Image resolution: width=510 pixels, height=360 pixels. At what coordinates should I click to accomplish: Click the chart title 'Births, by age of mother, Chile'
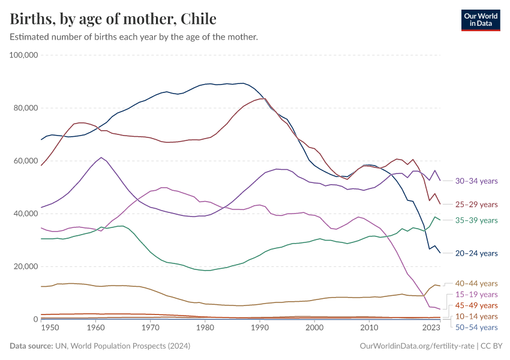tap(113, 19)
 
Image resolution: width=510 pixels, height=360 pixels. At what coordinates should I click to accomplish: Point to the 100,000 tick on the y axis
tap(25, 55)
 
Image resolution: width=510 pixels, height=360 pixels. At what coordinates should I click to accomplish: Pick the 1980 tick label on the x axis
tap(205, 328)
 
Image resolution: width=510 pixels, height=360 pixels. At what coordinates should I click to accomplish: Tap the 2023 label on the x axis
tap(431, 328)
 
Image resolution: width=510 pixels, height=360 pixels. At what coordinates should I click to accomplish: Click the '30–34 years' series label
tap(476, 181)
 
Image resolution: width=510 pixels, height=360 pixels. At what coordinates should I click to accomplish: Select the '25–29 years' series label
tap(476, 205)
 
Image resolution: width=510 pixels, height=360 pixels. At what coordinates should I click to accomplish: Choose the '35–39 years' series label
tap(476, 220)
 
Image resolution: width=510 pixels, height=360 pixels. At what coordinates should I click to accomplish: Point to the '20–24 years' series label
tap(476, 254)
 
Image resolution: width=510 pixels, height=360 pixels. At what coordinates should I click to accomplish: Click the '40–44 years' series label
tap(476, 283)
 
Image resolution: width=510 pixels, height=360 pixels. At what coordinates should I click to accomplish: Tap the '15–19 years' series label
tap(476, 295)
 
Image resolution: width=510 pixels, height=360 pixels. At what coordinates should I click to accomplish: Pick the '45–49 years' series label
tap(476, 305)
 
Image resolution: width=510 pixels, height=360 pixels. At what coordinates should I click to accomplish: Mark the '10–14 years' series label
tap(476, 316)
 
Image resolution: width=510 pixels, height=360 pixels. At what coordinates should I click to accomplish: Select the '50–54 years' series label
tap(476, 327)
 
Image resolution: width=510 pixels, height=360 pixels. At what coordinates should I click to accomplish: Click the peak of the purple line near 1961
tap(101, 158)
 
